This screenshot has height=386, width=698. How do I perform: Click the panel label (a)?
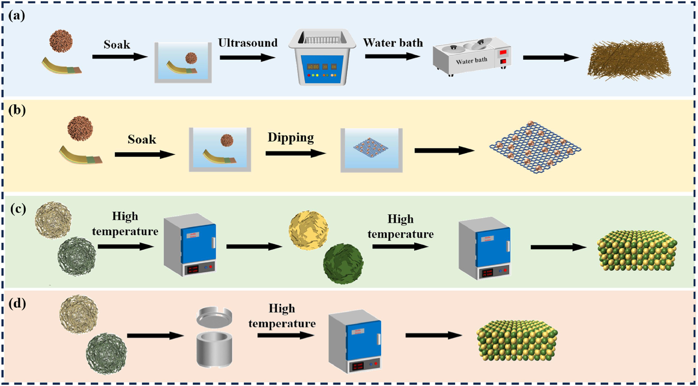point(17,16)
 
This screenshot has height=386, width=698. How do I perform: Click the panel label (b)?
point(17,110)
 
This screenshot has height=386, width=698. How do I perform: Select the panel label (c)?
point(18,209)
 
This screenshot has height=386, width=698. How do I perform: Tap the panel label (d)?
point(17,303)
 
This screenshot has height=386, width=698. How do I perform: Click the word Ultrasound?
point(248,43)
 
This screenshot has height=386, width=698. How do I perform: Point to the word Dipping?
point(291,137)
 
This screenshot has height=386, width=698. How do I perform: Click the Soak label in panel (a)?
point(117,45)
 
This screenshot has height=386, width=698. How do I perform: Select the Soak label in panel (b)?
point(142,139)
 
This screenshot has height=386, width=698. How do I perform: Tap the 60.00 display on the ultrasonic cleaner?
point(313,67)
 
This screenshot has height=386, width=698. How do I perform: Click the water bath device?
point(472,57)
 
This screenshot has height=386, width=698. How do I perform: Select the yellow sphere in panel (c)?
point(309,230)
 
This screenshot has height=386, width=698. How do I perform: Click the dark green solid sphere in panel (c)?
point(343,263)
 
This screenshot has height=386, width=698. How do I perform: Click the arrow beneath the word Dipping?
point(295,153)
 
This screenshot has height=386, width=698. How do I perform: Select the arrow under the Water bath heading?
point(392,56)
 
